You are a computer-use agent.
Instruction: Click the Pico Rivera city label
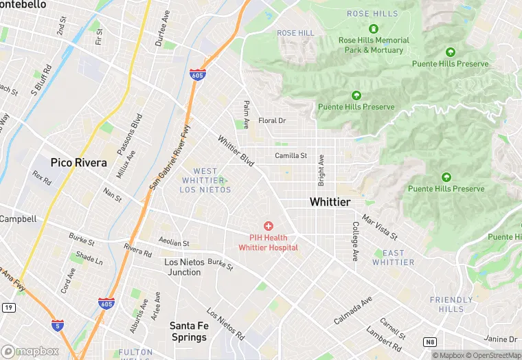[78, 163]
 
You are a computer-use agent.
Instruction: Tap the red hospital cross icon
[268, 226]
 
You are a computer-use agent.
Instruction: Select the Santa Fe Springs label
[188, 331]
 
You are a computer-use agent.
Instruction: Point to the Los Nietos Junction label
[183, 267]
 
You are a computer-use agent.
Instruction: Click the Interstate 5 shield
[58, 325]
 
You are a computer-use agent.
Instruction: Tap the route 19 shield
[8, 308]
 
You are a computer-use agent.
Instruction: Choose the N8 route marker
[430, 341]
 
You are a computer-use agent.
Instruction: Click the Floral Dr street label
[271, 121]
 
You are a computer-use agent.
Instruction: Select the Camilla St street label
[291, 156]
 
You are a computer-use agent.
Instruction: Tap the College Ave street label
[355, 240]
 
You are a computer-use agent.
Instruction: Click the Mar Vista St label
[380, 227]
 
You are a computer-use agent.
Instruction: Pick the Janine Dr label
[500, 339]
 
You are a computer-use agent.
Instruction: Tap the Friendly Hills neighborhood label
[451, 304]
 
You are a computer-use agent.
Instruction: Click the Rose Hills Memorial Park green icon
[374, 29]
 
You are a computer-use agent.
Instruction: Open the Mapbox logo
[30, 351]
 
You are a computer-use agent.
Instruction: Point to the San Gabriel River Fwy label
[168, 162]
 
